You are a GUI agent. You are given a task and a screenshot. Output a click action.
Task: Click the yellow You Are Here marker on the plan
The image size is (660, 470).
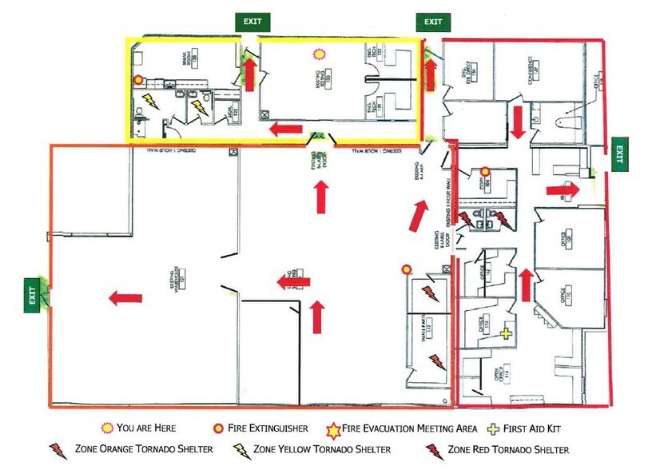click(x=320, y=53)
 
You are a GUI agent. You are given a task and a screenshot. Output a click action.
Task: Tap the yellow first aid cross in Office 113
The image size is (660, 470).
click(x=505, y=333)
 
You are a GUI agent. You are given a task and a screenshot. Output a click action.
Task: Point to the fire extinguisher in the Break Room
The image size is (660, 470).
click(x=138, y=80)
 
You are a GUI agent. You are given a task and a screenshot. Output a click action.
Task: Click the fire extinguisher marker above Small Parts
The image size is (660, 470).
click(x=408, y=269)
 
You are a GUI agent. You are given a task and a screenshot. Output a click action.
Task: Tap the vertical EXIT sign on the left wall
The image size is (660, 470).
click(x=33, y=293)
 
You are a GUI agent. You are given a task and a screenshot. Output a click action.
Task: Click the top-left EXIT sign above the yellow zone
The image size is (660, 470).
click(x=252, y=22)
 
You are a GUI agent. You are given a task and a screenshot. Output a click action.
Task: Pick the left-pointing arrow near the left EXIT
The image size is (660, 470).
click(x=125, y=298)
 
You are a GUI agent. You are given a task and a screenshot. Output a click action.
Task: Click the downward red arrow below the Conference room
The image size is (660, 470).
click(x=518, y=121)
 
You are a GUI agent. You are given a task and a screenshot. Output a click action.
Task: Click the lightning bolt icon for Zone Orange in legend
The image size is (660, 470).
click(x=58, y=449)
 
